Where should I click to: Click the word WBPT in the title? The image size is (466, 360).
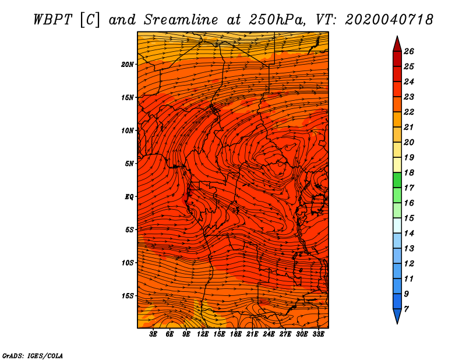pyautogui.click(x=52, y=20)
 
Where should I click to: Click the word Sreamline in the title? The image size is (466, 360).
pyautogui.click(x=181, y=20)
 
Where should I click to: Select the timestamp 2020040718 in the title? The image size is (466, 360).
pyautogui.click(x=389, y=20)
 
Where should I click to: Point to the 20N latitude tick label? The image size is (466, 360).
pyautogui.click(x=128, y=65)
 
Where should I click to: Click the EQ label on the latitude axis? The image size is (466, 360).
pyautogui.click(x=129, y=197)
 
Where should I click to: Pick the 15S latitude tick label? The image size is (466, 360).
pyautogui.click(x=128, y=296)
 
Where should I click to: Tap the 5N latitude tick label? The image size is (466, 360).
pyautogui.click(x=129, y=164)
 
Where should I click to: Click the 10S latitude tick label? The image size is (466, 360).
pyautogui.click(x=128, y=263)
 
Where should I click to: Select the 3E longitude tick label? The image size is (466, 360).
pyautogui.click(x=153, y=334)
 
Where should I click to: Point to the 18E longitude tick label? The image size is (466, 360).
pyautogui.click(x=236, y=334)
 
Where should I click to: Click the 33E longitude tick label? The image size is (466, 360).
pyautogui.click(x=318, y=334)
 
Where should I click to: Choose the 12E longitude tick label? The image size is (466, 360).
pyautogui.click(x=203, y=334)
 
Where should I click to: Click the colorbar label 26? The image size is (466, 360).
pyautogui.click(x=409, y=51)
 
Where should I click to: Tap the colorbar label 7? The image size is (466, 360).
pyautogui.click(x=406, y=309)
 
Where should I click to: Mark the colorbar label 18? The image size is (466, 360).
pyautogui.click(x=409, y=172)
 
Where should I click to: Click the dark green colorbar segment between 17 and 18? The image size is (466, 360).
pyautogui.click(x=397, y=180)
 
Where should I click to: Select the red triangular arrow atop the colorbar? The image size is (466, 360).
pyautogui.click(x=397, y=44)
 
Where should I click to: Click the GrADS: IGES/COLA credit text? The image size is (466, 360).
pyautogui.click(x=33, y=356)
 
